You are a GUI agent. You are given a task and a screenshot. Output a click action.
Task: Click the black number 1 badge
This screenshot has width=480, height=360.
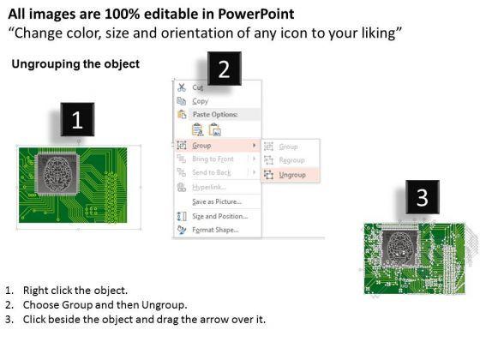(x=77, y=119)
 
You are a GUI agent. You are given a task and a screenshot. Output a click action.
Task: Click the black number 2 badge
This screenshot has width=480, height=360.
(x=225, y=69)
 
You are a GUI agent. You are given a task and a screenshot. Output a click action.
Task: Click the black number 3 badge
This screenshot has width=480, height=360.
(x=423, y=197)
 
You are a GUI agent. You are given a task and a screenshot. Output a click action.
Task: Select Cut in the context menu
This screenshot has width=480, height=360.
(x=198, y=87)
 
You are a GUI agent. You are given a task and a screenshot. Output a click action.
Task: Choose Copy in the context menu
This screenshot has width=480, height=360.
(x=201, y=101)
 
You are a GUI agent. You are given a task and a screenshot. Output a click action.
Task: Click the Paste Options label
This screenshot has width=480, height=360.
(x=215, y=115)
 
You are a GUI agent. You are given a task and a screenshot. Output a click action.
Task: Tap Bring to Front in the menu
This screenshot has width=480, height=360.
(x=213, y=159)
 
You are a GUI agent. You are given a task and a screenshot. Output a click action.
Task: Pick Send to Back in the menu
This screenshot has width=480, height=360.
(x=211, y=172)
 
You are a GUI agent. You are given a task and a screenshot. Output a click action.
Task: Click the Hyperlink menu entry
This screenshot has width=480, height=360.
(x=209, y=187)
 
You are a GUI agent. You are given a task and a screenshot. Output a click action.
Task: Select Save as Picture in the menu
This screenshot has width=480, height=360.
(x=217, y=201)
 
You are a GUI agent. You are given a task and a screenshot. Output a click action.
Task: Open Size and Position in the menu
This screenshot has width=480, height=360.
(x=219, y=216)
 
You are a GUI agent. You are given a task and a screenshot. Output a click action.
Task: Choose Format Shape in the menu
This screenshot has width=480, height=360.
(x=215, y=230)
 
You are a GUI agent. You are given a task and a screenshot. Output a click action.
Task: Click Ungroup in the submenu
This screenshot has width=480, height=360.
(x=292, y=175)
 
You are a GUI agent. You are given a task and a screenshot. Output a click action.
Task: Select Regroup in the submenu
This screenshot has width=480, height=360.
(x=291, y=160)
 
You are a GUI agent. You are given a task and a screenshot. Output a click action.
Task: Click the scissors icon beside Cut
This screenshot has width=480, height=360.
(x=182, y=87)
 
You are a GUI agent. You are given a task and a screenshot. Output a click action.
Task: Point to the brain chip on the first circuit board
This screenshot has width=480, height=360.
(x=57, y=174)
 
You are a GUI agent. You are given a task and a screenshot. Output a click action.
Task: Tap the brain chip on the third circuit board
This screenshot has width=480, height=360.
(x=399, y=248)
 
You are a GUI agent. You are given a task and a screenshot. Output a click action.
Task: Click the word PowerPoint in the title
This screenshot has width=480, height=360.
(x=256, y=14)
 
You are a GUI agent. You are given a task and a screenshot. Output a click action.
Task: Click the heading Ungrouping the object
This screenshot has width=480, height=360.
(x=75, y=64)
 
